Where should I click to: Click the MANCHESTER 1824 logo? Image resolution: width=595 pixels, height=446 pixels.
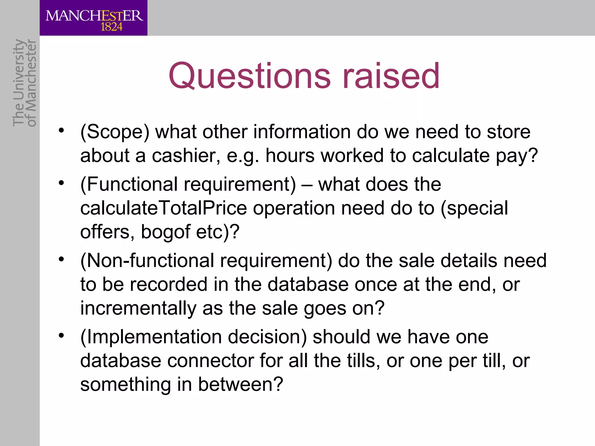click(x=94, y=18)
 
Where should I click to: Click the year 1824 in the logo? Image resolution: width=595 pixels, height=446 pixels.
click(x=111, y=27)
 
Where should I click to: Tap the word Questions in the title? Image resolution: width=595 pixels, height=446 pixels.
click(x=249, y=76)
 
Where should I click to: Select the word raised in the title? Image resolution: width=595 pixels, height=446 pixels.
click(x=391, y=76)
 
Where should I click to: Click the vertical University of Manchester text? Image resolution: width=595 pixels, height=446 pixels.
click(x=25, y=83)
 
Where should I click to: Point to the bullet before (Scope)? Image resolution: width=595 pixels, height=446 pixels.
click(x=61, y=130)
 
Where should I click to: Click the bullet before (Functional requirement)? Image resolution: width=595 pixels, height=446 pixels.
click(x=61, y=183)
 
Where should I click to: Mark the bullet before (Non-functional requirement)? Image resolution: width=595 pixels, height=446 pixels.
click(x=61, y=259)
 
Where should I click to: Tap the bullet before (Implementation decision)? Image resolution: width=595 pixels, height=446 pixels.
click(x=61, y=335)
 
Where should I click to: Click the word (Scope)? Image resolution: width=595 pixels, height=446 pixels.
click(x=115, y=132)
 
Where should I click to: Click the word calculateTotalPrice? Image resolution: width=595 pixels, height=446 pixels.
click(x=163, y=208)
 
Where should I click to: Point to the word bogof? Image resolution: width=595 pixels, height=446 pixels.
click(x=165, y=232)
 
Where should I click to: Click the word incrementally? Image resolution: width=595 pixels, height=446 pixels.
click(x=138, y=308)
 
